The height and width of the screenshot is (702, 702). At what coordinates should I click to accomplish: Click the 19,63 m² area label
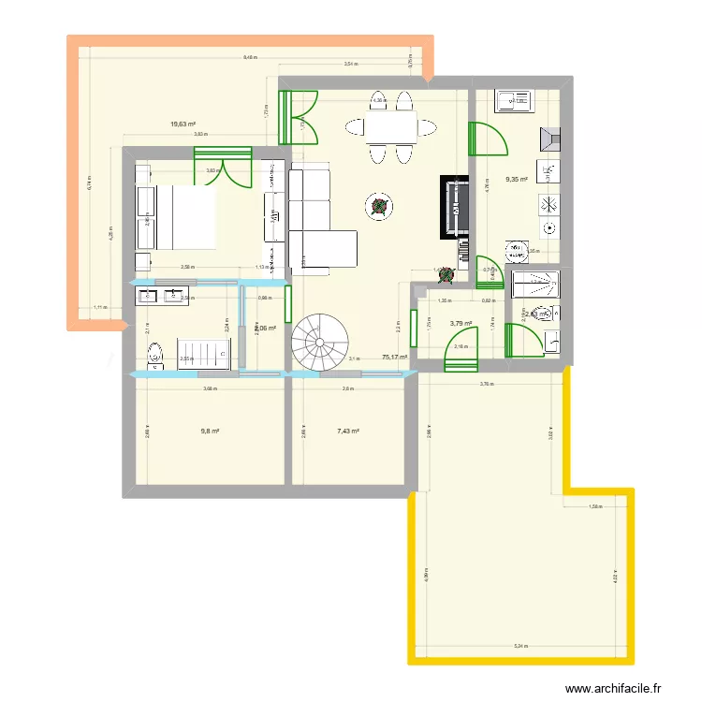pos(183,124)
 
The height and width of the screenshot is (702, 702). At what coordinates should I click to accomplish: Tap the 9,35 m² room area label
pos(517,180)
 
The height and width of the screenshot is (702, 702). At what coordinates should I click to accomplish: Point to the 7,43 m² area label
pos(348,431)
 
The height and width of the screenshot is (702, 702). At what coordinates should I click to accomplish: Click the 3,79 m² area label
pos(461,324)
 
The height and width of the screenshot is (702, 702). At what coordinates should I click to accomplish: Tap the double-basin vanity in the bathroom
pos(160,297)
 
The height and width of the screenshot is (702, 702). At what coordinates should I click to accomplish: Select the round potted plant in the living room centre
pos(379,206)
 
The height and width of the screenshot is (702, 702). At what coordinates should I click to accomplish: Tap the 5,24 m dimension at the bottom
pos(519,645)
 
